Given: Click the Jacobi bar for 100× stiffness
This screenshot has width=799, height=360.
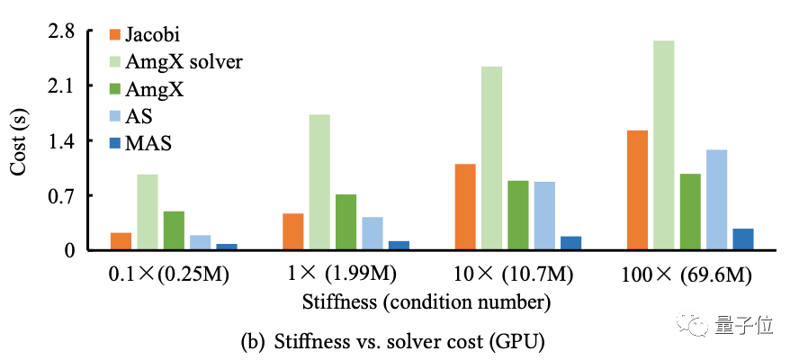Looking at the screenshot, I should (x=638, y=190).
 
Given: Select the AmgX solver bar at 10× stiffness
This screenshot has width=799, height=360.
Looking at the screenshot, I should (x=491, y=158).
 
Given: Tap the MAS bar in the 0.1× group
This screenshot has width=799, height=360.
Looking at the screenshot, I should (x=227, y=246).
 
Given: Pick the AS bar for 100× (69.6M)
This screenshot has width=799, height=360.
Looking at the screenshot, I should (x=717, y=200).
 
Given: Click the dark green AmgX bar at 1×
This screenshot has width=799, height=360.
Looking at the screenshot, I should (x=346, y=221).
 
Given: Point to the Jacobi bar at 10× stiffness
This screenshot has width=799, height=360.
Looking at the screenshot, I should (x=465, y=206).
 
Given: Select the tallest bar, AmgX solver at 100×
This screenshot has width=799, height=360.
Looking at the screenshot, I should (x=664, y=145).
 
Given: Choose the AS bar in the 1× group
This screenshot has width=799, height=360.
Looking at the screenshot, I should (x=373, y=233).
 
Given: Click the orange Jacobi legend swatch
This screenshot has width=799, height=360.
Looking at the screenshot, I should (x=114, y=36).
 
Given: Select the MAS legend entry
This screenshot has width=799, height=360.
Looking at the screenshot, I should (x=149, y=143).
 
